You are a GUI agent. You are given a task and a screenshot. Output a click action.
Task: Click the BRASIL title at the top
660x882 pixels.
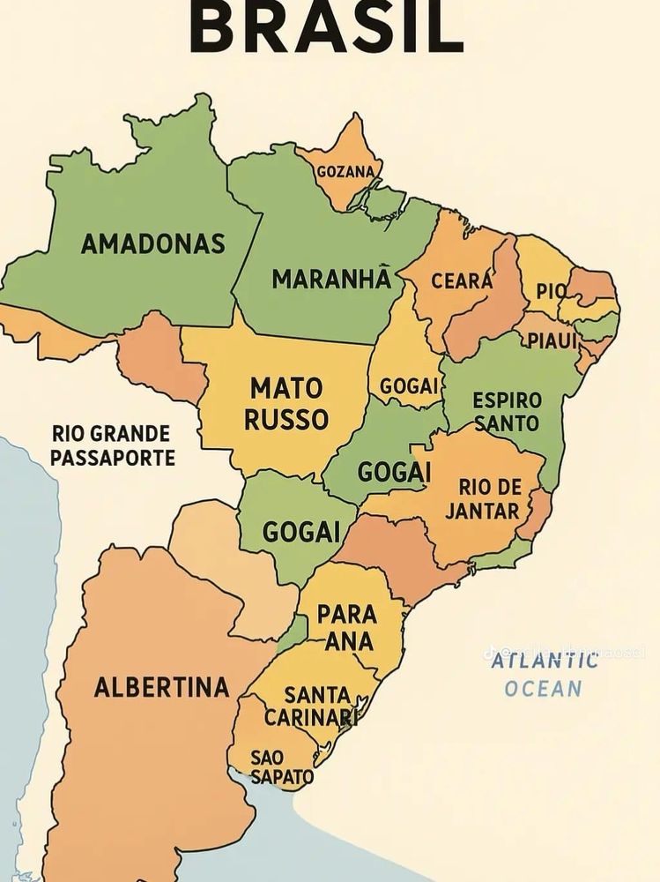[x=326, y=26]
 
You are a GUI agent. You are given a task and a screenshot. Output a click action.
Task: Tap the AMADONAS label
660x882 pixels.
[x=153, y=244]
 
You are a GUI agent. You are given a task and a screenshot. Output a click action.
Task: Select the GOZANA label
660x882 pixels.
[x=345, y=171]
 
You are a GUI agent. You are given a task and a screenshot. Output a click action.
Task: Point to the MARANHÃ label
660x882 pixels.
[x=330, y=280]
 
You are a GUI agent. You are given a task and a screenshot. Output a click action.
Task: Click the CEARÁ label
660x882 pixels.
[x=462, y=281]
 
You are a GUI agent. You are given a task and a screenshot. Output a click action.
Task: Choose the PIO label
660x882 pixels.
[x=551, y=291]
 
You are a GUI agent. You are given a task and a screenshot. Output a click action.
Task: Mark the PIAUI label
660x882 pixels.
[x=552, y=340]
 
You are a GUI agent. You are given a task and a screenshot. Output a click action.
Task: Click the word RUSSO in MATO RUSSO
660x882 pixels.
[x=286, y=420]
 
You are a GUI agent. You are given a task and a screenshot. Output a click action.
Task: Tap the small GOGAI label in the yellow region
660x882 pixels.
[x=409, y=386]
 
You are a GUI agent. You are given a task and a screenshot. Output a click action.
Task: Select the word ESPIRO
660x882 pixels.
[x=507, y=400]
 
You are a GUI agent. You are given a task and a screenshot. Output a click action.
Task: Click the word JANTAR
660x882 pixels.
[x=482, y=512]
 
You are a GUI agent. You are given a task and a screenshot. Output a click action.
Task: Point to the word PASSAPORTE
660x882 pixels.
[x=112, y=459]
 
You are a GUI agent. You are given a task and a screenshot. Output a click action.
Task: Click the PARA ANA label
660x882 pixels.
[x=347, y=627]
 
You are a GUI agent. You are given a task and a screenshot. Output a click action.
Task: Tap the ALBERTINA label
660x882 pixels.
[x=161, y=687]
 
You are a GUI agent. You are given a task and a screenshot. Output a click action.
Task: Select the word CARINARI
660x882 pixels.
[x=311, y=717]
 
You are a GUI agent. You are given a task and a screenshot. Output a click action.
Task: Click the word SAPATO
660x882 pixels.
[x=281, y=777]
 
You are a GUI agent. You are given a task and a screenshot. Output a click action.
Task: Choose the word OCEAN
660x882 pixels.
[x=543, y=689]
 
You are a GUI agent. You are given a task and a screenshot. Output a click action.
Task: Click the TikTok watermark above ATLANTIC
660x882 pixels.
[x=564, y=653]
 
